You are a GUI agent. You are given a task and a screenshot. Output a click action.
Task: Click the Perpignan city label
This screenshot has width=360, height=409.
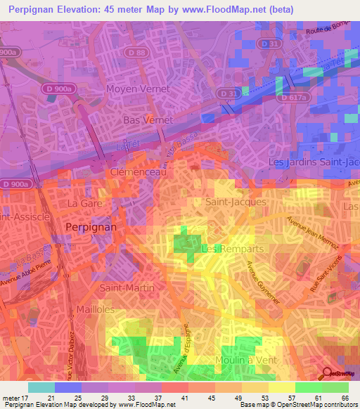point(90,228)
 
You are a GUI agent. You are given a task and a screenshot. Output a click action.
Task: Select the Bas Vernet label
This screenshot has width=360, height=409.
point(148,120)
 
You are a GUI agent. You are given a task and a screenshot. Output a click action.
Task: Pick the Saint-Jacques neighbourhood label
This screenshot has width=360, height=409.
point(236,202)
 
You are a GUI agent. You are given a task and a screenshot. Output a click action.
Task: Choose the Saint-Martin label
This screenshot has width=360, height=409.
point(127,288)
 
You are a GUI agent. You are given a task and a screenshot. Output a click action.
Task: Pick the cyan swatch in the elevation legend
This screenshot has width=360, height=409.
point(41,387)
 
